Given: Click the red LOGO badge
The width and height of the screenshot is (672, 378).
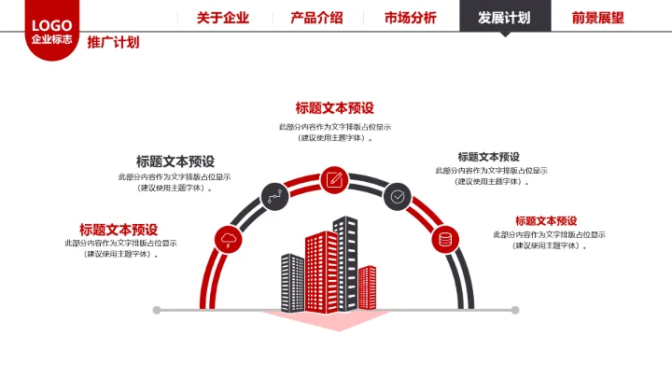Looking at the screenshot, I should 51,32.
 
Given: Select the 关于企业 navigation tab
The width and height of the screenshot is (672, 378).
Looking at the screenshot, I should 223,17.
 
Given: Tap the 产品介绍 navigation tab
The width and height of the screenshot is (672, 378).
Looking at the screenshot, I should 316,17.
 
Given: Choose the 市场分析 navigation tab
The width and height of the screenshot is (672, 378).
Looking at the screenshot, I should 410,17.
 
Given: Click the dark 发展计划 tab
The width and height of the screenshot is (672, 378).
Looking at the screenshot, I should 504,17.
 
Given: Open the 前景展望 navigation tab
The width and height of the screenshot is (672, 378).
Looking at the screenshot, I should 597,17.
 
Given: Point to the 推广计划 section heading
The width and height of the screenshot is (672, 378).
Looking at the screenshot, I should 113,42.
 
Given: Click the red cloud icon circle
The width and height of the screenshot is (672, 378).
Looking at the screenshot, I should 228,239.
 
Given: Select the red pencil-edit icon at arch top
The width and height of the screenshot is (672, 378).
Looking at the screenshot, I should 334,178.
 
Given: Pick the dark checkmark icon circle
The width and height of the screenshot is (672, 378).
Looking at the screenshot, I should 398,196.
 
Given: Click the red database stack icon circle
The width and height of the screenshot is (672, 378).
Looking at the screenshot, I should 445,239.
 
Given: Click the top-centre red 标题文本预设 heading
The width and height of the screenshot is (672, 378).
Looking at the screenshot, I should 334,107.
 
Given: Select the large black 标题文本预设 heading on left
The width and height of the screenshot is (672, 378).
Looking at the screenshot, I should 175,161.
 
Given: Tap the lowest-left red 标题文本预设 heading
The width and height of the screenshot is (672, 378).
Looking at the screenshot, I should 119,229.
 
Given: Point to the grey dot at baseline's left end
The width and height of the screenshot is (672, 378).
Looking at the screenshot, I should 157,310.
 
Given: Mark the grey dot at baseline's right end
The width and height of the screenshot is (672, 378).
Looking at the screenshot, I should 514,310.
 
